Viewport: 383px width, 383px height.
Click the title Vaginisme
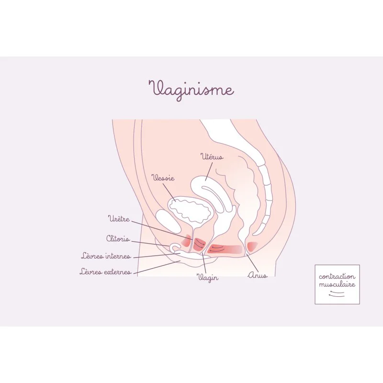[x=191, y=90]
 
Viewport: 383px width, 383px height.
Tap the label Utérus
[x=212, y=157]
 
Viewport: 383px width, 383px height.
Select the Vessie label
[x=163, y=178]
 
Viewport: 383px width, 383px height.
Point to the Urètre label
[x=119, y=219]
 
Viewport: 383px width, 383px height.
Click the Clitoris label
[x=118, y=238]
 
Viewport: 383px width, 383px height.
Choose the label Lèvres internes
[x=106, y=256]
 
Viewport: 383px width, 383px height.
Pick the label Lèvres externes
[x=105, y=271]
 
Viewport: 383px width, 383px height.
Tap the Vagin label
[x=207, y=278]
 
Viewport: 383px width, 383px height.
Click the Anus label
[x=258, y=275]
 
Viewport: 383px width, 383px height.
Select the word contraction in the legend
[x=337, y=277]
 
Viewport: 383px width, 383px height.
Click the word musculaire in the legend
[x=337, y=284]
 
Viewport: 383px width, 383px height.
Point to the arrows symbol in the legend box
[x=337, y=294]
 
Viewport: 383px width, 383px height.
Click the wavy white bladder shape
[x=189, y=211]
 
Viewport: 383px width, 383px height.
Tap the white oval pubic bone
[x=168, y=222]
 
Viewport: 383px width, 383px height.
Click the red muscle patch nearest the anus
[x=251, y=246]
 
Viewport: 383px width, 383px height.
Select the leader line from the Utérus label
[x=209, y=171]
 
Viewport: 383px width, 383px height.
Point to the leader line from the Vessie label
[x=169, y=193]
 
